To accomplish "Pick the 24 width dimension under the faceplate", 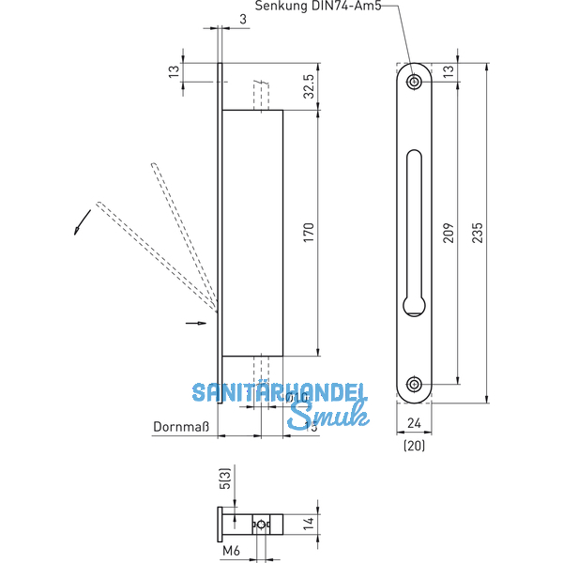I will point(414,424).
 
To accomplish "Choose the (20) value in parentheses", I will point(414,446).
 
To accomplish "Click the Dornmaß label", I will point(179,428).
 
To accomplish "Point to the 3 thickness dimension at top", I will point(217,19).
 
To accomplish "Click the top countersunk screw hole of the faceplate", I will point(414,82).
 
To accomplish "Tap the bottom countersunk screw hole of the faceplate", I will point(414,384).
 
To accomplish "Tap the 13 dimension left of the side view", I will point(174,72).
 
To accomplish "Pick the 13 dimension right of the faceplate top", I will point(447,72).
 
